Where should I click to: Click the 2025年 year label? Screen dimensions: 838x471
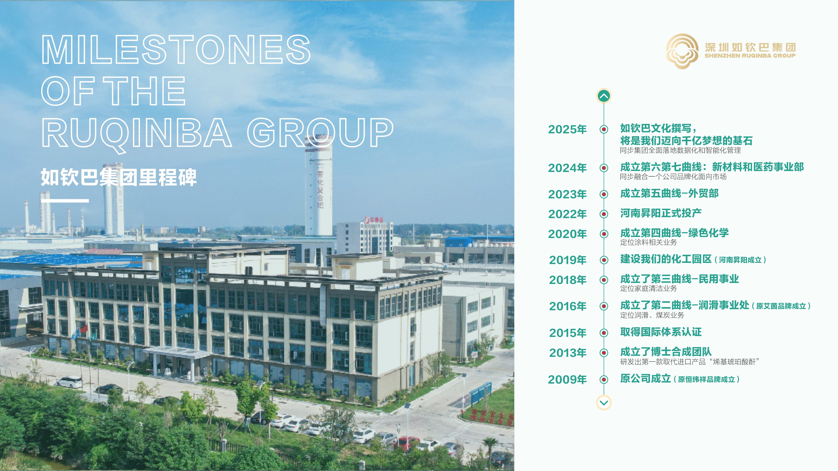[x=567, y=129]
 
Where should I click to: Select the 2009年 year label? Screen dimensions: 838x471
[x=567, y=379]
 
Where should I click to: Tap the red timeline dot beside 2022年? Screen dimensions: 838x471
[x=604, y=214]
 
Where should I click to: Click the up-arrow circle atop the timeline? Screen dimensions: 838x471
[x=604, y=96]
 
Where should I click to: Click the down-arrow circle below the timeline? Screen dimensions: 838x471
[x=604, y=403]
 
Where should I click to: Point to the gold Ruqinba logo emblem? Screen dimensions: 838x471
[x=682, y=51]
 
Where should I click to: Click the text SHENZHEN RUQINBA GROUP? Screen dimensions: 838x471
[x=750, y=56]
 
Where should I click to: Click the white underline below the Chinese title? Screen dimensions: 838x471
[x=65, y=201]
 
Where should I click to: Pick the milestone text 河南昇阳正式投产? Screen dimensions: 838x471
[x=661, y=213]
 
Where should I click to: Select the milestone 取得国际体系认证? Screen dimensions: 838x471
[x=661, y=332]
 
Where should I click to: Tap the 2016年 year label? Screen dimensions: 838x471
[x=568, y=306]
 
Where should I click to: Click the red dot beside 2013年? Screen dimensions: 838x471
[x=604, y=353]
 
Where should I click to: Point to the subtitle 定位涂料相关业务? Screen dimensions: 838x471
[x=648, y=242]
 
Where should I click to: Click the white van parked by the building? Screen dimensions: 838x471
[x=69, y=382]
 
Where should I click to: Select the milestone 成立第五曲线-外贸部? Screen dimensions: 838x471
[x=669, y=193]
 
